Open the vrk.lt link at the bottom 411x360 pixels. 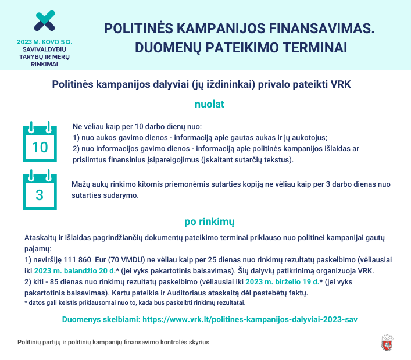[249, 320]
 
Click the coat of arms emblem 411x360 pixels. [388, 343]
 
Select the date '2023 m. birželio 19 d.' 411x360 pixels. [282, 282]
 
